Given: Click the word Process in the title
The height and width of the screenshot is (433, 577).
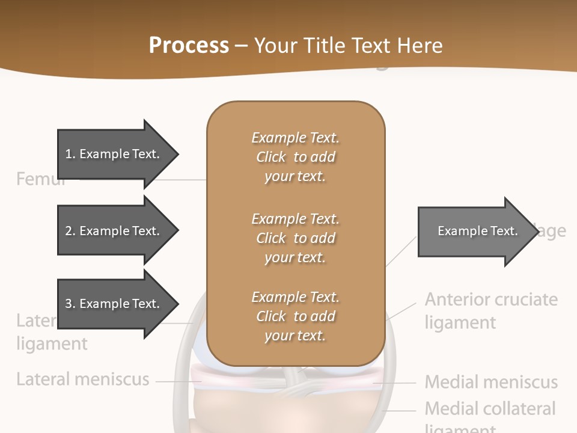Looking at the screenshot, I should (x=189, y=46).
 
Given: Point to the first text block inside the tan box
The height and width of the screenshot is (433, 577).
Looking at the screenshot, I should (x=295, y=157).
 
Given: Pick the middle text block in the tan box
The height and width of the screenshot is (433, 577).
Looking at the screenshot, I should (x=295, y=238).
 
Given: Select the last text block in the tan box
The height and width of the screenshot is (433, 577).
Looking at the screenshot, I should (x=295, y=316).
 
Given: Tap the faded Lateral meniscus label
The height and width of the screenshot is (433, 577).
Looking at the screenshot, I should (x=82, y=379).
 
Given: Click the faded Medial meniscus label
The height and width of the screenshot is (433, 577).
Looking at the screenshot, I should (x=491, y=382).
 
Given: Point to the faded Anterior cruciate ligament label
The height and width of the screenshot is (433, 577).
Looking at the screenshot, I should (x=491, y=310).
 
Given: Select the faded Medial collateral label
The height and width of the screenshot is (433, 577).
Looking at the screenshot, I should (x=490, y=409).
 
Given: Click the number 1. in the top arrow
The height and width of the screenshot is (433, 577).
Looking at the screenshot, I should (x=70, y=154).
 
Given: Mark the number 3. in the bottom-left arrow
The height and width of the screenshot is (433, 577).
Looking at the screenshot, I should (x=70, y=304).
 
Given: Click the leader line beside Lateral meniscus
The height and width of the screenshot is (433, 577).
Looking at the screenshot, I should (x=174, y=381).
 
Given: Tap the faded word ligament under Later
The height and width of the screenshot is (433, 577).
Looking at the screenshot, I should (x=52, y=344).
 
